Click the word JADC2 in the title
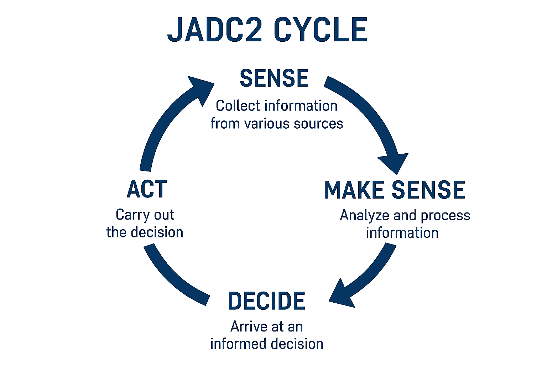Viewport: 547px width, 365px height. [x=214, y=30]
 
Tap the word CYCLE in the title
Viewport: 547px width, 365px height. [x=321, y=30]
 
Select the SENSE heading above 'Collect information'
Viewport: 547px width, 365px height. [x=274, y=78]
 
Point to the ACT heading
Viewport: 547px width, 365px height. [x=147, y=189]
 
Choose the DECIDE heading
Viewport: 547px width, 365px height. [x=267, y=301]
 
